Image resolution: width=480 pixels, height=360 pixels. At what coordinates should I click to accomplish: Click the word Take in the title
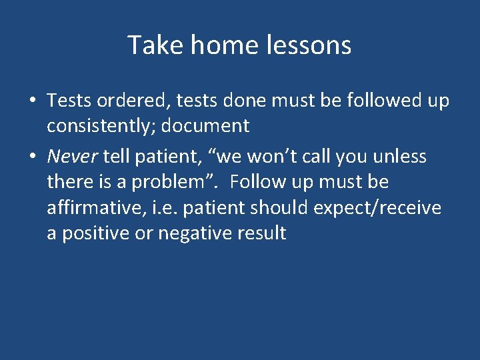(x=152, y=45)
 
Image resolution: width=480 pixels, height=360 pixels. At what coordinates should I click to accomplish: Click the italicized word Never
(x=72, y=157)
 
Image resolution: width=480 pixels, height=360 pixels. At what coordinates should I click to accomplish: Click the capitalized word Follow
(x=257, y=182)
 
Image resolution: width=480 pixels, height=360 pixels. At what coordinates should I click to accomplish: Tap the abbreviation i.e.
(x=165, y=208)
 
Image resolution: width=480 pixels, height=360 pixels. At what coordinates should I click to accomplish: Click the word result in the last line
(x=265, y=234)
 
